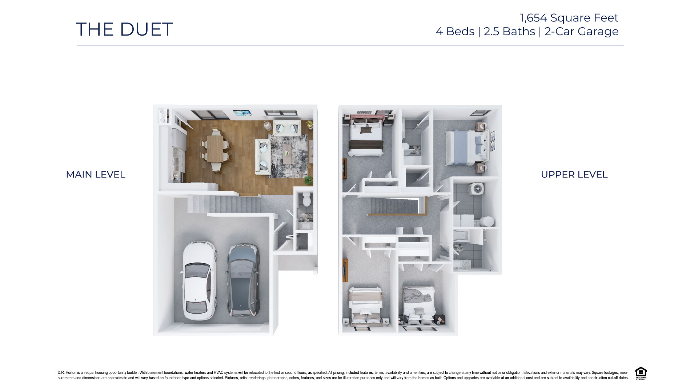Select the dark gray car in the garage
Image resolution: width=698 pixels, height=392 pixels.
[244, 280]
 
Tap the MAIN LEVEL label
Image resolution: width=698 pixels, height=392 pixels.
[95, 175]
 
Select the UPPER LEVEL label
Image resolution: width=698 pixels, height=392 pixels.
[574, 175]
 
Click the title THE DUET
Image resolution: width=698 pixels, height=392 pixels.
[124, 29]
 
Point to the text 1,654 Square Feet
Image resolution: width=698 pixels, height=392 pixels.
[569, 17]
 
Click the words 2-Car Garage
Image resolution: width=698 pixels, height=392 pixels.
[581, 32]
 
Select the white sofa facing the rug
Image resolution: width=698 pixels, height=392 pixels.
[262, 156]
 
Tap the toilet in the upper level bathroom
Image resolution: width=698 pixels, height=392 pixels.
[486, 221]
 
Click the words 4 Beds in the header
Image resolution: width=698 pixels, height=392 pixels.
[455, 32]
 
